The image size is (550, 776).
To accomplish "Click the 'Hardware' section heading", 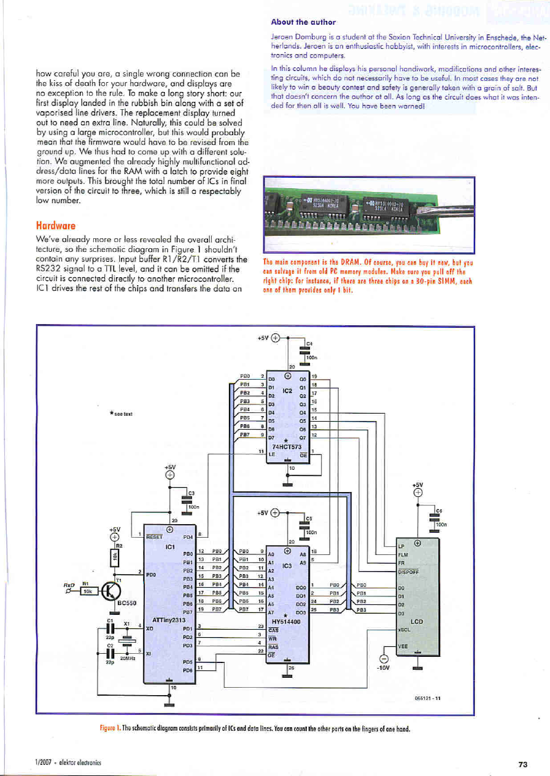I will click(56, 226).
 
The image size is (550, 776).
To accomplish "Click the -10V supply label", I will click(383, 666).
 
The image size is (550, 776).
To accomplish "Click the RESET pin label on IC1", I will click(154, 536).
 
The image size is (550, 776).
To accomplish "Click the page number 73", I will click(523, 764).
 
